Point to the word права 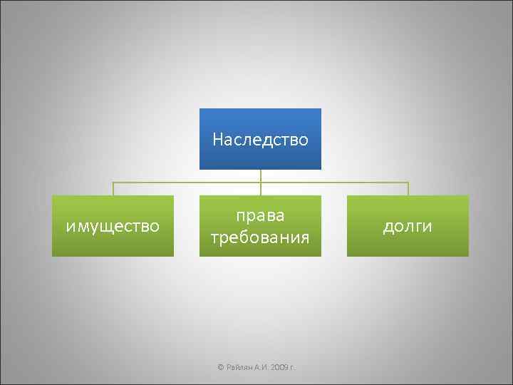pos(260,215)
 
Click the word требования pos(260,237)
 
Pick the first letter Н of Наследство pos(217,139)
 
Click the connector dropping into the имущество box pos(113,189)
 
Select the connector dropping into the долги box pos(408,189)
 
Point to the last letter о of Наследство pos(304,140)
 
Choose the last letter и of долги pos(427,227)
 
